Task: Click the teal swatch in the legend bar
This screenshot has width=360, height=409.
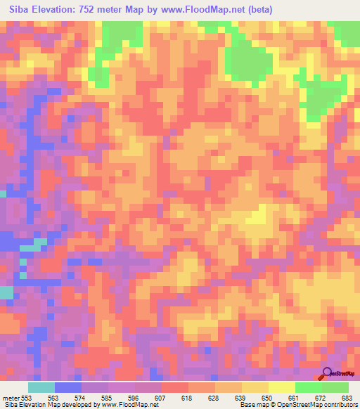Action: [x=41, y=387]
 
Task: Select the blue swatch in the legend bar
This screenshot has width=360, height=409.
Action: [x=68, y=387]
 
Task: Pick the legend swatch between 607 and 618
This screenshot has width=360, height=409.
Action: [x=175, y=387]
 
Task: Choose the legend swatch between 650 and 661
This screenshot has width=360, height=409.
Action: [x=282, y=387]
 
